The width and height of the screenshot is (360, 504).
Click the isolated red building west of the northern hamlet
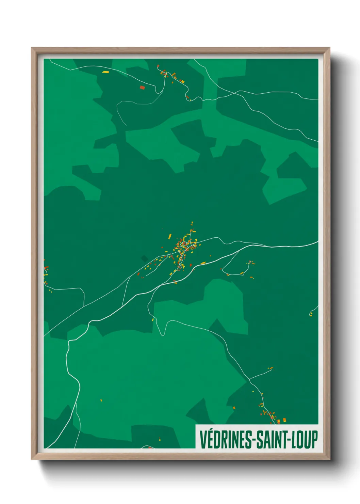coord(142,88)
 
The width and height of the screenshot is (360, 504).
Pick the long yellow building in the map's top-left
coord(105,72)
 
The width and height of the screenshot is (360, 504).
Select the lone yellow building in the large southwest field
coord(101,400)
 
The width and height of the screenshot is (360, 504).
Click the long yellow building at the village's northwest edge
coord(170,236)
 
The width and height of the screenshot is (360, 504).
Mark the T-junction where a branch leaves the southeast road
coord(249,379)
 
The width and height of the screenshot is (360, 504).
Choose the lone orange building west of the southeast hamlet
coord(234,407)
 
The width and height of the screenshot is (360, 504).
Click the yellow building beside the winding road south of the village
coord(152,320)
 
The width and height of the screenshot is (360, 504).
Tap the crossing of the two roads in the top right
coord(235,92)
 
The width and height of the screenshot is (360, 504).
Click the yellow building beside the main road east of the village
coord(203,263)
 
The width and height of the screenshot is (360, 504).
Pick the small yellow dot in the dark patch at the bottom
coord(160,439)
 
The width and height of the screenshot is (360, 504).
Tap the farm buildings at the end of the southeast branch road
coord(271,368)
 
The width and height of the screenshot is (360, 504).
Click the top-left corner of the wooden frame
coord(32,48)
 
